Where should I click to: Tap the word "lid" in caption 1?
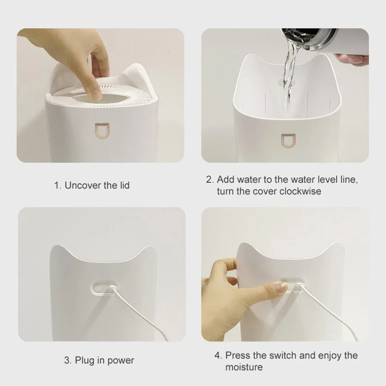click(x=124, y=185)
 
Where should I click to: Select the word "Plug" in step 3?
click(x=86, y=360)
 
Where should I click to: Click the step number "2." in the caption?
click(x=210, y=179)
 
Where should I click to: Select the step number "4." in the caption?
click(x=219, y=356)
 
